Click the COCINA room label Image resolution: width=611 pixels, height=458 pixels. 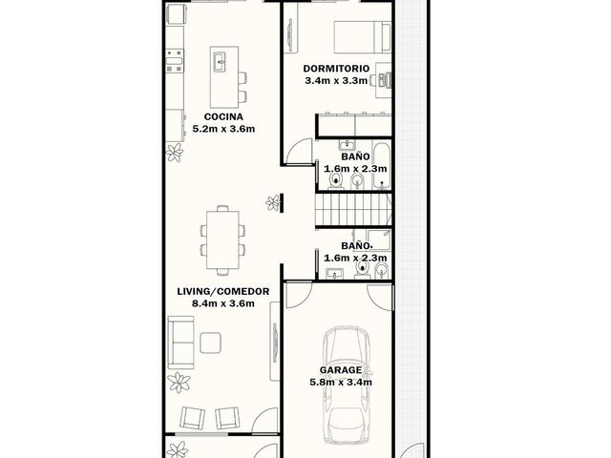[223, 116]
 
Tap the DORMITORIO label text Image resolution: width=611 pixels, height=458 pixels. [336, 69]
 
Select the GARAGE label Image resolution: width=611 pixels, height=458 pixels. [341, 370]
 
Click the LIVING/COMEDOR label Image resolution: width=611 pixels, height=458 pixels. [223, 291]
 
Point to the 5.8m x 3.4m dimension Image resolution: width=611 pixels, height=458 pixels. [341, 382]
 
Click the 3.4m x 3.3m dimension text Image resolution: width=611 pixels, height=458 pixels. [336, 80]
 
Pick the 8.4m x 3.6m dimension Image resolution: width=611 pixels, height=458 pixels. [223, 303]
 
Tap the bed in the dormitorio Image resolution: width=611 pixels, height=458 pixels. [363, 37]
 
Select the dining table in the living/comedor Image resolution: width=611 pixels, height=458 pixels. [222, 239]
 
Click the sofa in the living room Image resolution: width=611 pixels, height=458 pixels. [180, 343]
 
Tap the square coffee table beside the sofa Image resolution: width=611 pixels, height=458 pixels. [211, 343]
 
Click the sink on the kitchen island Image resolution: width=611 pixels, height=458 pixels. [220, 61]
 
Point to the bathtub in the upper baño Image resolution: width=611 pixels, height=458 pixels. [382, 166]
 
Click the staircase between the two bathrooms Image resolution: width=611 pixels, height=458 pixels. [353, 210]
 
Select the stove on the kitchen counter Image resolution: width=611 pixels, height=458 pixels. [174, 61]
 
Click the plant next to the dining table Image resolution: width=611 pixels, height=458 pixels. [273, 202]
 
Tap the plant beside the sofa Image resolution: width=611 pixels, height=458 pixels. [179, 382]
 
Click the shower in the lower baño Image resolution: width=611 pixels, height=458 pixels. [378, 240]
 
